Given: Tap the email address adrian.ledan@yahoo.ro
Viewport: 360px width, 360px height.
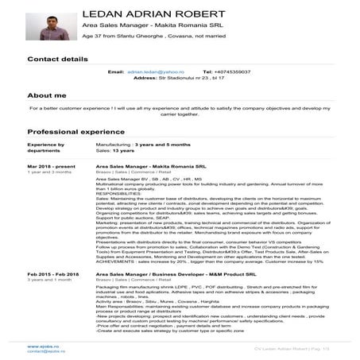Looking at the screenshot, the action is click(154, 72).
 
